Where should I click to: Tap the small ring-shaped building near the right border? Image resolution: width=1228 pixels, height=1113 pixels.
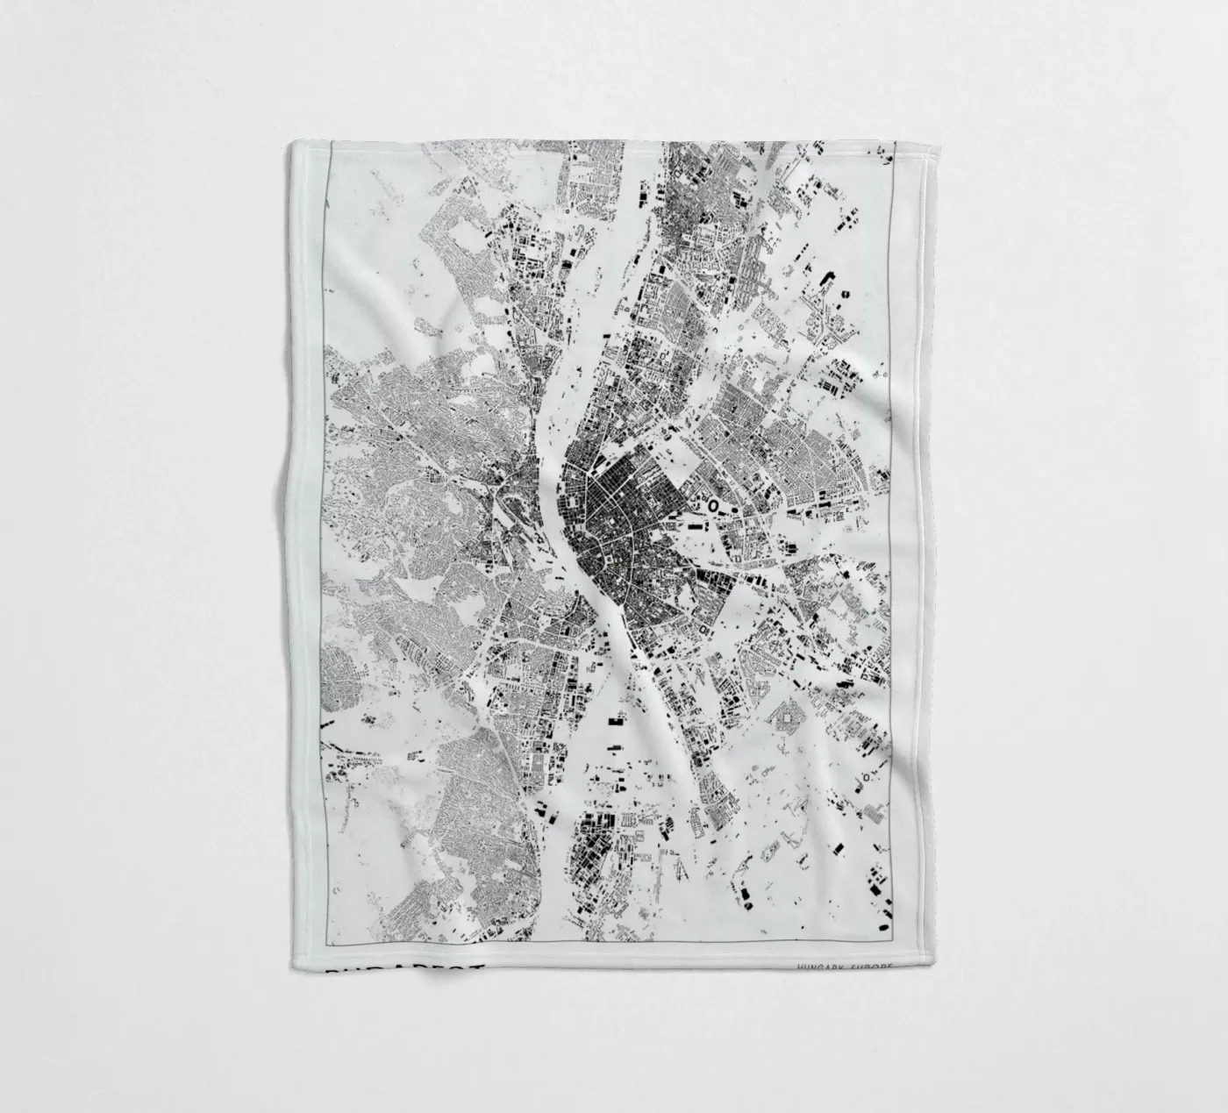pos(867,777)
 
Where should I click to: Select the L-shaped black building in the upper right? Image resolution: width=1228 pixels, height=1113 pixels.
pos(827,280)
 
